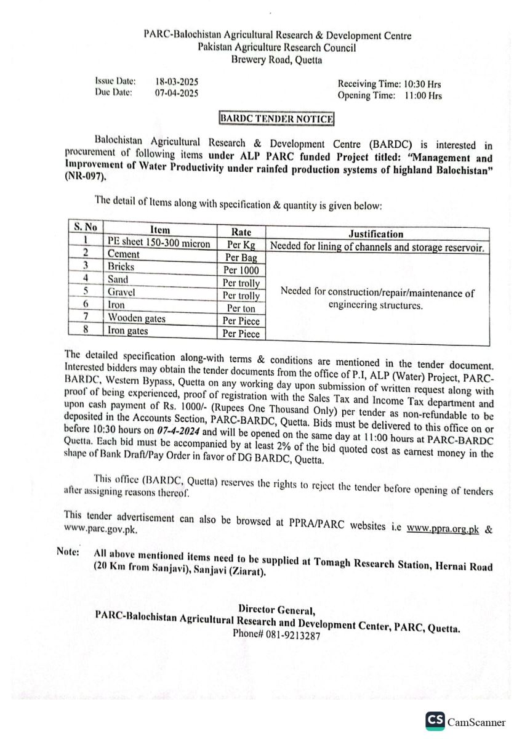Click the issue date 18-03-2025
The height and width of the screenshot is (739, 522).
click(176, 81)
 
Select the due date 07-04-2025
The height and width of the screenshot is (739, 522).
click(176, 93)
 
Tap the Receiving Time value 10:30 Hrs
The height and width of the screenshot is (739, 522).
click(423, 84)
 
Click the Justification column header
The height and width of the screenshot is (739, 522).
click(376, 234)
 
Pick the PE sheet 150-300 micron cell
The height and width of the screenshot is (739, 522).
click(158, 243)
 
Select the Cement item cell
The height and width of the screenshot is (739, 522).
click(123, 254)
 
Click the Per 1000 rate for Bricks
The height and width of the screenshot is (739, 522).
click(241, 270)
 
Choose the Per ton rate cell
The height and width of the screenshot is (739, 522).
click(241, 308)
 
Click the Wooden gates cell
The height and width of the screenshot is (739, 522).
click(137, 318)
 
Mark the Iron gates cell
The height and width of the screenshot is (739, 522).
click(128, 331)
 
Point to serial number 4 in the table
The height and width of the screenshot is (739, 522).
click(86, 279)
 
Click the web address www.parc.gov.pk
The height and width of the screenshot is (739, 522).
click(100, 529)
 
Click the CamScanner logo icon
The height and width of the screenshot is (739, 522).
click(435, 721)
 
